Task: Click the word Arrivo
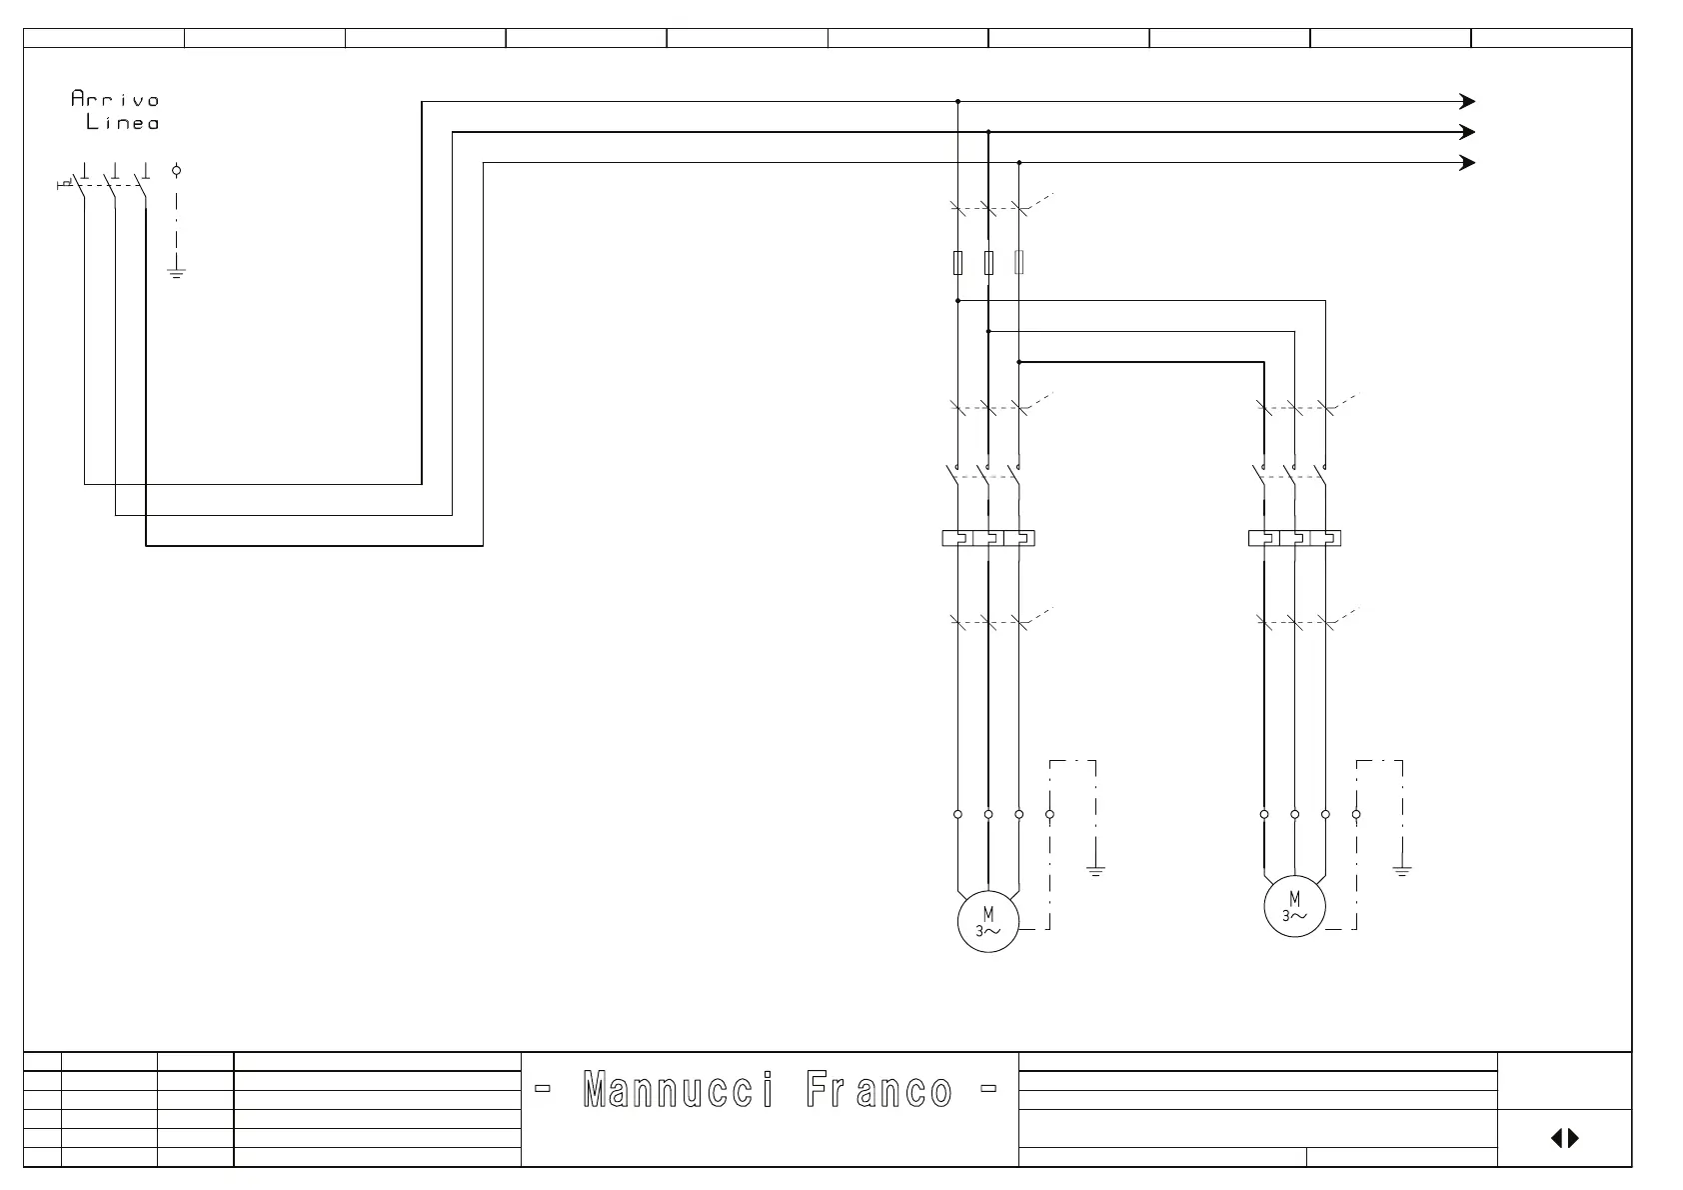115,99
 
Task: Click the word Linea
122,123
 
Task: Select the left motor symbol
987,921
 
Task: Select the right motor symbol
1294,906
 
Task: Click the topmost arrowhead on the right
1468,101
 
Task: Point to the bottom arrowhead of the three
1468,163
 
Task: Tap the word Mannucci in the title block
678,1090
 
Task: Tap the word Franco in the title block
878,1090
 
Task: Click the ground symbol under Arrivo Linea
177,272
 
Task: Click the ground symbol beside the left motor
1096,871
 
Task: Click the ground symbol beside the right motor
1402,871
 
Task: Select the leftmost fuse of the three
957,262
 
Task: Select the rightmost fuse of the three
1019,262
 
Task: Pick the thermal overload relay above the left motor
987,538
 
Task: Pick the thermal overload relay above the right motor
1294,538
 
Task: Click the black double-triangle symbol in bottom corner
1564,1138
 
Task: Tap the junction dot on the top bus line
957,101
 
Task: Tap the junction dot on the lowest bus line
1019,163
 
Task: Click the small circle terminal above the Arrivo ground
177,171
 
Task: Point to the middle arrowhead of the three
1468,132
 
